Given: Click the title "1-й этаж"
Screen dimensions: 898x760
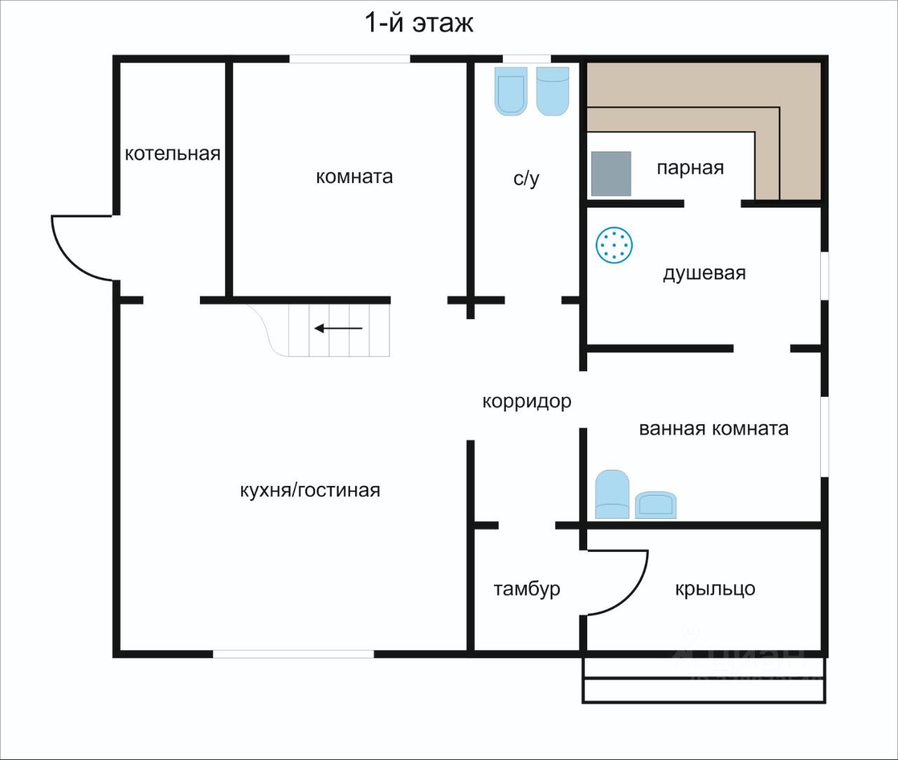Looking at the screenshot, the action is coord(419,22).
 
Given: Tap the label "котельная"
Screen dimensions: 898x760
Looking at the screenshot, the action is coord(173,154).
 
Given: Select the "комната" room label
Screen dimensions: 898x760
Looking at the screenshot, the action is coord(354,176).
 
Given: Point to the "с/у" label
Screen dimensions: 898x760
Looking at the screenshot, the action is coord(526,179).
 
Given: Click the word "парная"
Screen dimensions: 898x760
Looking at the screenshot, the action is coord(690,168).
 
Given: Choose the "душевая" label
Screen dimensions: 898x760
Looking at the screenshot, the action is coord(704,273).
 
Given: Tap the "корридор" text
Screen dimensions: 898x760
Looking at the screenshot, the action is coord(526,402).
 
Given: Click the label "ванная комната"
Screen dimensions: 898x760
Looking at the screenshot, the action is coord(713,428).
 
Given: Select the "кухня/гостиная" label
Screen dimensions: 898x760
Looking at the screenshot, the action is coord(310,490).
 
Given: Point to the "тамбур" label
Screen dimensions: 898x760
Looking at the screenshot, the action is coord(527,588).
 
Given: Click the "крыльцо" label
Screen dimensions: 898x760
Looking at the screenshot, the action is coord(715,588).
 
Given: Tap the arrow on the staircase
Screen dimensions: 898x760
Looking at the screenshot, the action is coord(338,328).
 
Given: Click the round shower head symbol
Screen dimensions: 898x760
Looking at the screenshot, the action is coord(614,245).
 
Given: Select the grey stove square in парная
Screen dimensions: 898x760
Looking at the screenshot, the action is coord(610,174).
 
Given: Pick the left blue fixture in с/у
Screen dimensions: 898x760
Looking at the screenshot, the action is coord(511,91).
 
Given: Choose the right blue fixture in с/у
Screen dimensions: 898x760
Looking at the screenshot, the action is coord(552,91).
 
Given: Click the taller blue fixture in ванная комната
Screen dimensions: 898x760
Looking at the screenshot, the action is coord(612,494).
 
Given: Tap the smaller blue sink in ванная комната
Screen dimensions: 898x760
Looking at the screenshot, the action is coord(655,505).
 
